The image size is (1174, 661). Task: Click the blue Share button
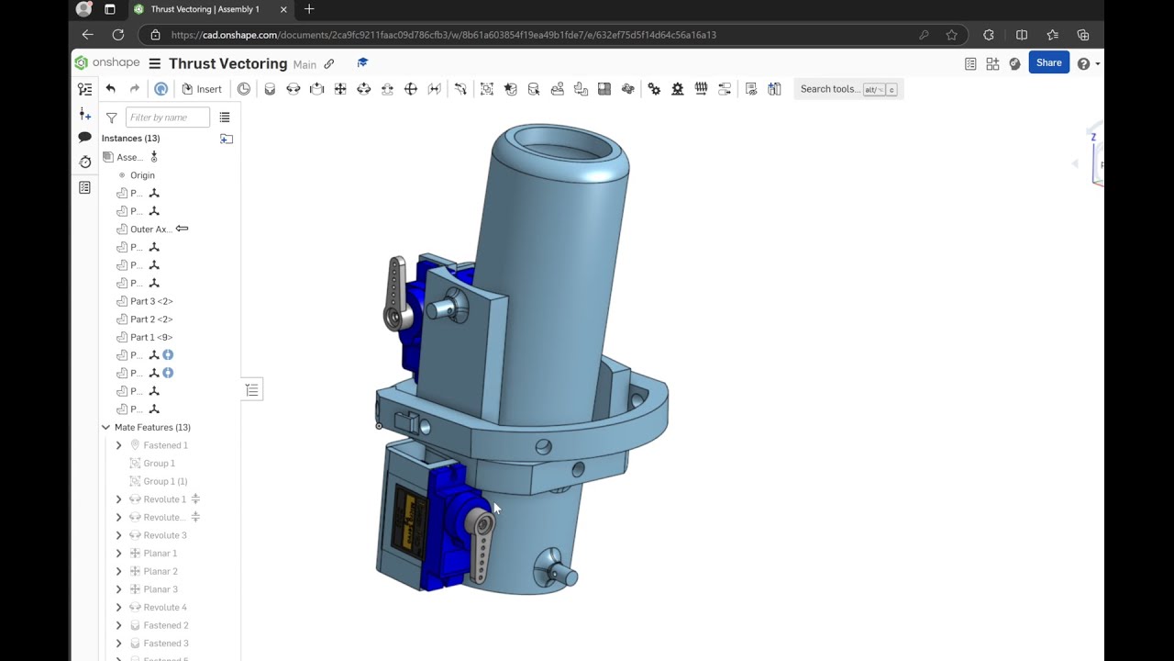tap(1048, 63)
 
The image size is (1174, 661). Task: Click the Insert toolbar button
tap(202, 89)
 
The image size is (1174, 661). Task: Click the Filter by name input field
tap(167, 118)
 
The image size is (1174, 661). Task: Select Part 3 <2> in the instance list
tap(151, 301)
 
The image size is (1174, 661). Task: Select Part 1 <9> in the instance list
tap(151, 337)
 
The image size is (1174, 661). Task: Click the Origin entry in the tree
tap(142, 175)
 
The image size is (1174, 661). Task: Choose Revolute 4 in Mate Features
tap(165, 607)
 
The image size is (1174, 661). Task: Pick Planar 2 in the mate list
tap(161, 571)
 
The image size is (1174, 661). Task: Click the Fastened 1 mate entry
tap(165, 445)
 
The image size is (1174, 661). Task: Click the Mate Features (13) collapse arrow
tap(105, 427)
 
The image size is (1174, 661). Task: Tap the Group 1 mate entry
tap(159, 464)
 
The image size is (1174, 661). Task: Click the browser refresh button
tap(118, 35)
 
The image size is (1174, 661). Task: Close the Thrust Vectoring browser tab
tap(283, 9)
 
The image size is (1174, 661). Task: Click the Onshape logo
tap(107, 63)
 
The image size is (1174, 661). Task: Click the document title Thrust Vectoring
tap(227, 63)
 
